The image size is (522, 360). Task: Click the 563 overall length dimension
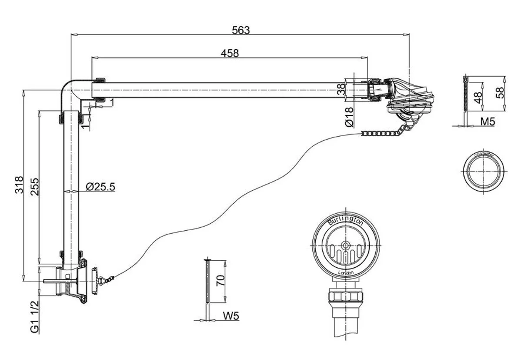click(241, 30)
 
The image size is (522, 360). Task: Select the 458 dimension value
click(230, 53)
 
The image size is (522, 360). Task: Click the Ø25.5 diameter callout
click(100, 187)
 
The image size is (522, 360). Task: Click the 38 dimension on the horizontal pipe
click(341, 89)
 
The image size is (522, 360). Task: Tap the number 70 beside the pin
click(221, 281)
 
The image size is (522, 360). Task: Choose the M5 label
click(488, 122)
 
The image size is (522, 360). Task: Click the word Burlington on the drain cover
click(345, 221)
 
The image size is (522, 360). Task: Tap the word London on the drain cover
click(346, 272)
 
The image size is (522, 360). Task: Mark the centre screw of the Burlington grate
click(346, 246)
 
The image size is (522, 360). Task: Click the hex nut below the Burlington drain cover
click(346, 296)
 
